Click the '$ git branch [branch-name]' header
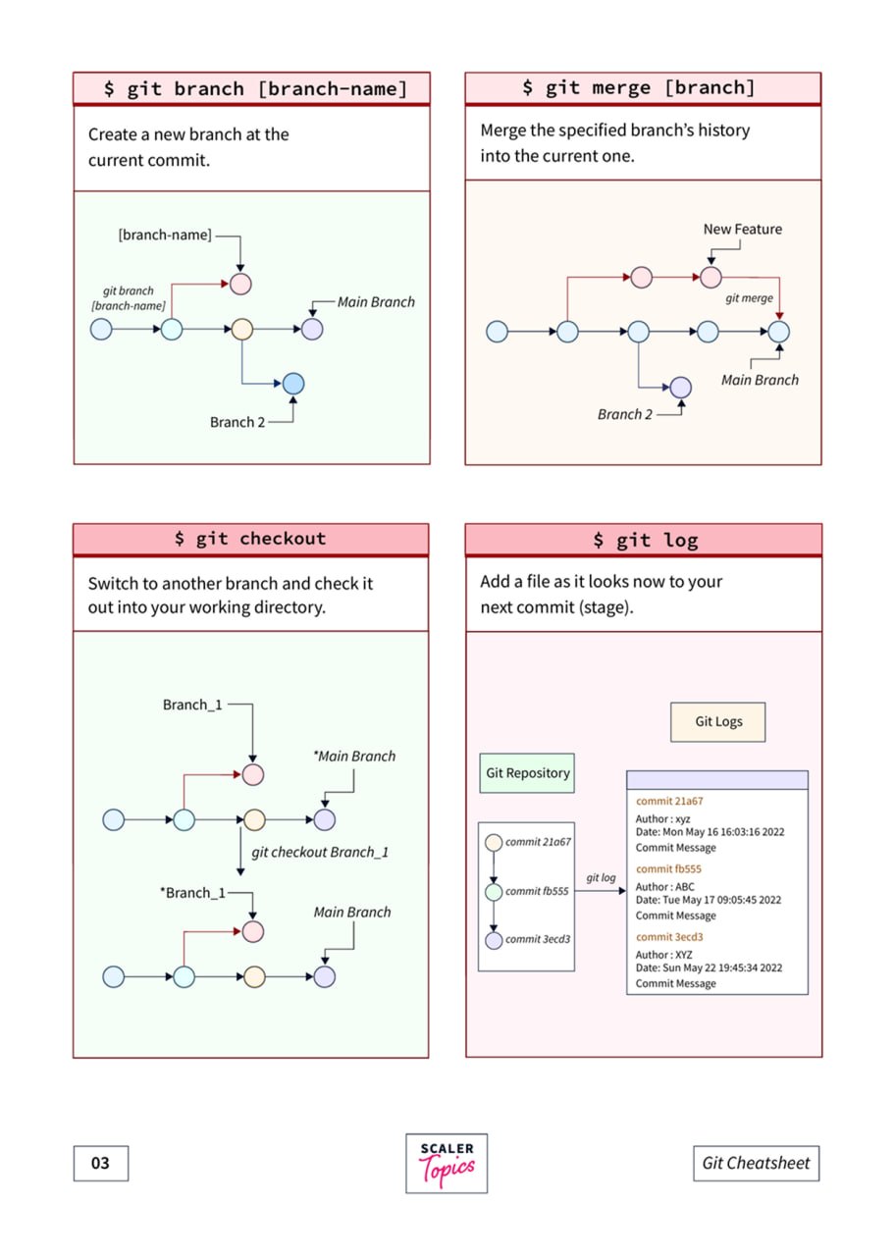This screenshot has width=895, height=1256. point(252,88)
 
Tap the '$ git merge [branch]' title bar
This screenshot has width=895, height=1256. point(643,87)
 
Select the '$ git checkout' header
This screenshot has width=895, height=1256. point(250,540)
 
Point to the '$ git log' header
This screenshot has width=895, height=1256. point(644,540)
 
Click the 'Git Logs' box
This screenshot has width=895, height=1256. point(717,722)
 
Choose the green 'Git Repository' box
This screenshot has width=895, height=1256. point(527,773)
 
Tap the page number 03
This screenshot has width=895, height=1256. point(101,1163)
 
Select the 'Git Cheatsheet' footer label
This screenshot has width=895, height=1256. point(756,1163)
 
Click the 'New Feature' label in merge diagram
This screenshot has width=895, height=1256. point(743,230)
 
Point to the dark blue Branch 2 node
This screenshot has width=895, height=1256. point(293,384)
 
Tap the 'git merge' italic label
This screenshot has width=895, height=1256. point(749,298)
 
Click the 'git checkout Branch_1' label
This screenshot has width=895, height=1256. point(320,853)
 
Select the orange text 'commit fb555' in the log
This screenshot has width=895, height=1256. point(668,869)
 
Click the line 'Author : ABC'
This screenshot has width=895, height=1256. point(665,887)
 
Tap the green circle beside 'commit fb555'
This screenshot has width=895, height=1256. point(494,892)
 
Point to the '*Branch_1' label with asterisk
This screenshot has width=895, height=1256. point(192,893)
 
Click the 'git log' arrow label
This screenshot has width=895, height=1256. point(601,878)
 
